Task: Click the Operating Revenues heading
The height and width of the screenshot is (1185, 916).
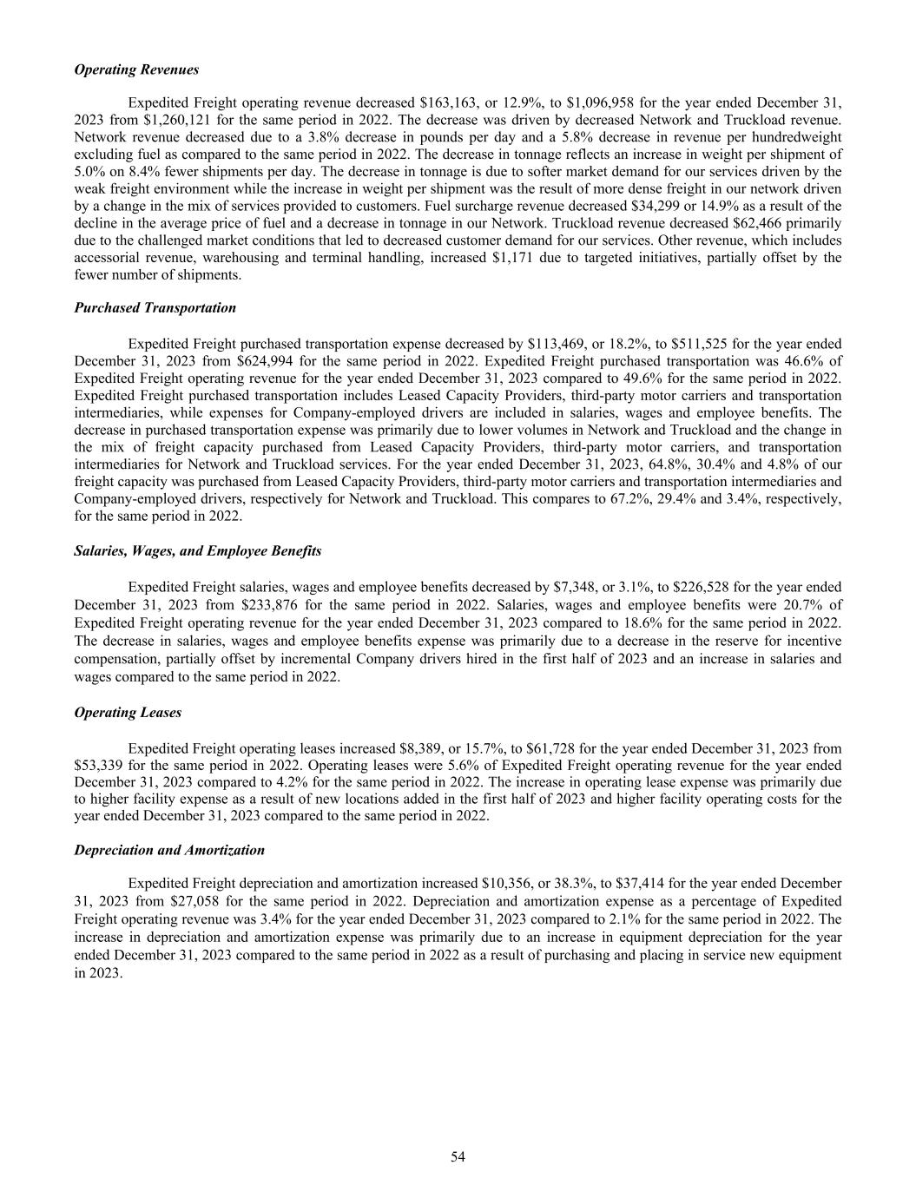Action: coord(136,69)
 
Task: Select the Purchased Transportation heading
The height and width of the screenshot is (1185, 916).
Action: coord(155,308)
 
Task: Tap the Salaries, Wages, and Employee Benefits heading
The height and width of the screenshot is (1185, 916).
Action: coord(198,551)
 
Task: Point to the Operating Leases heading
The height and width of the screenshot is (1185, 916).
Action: coord(129,712)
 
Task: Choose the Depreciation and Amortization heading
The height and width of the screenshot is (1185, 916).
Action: coord(169,850)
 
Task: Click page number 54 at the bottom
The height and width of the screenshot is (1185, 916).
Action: coord(458,1156)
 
